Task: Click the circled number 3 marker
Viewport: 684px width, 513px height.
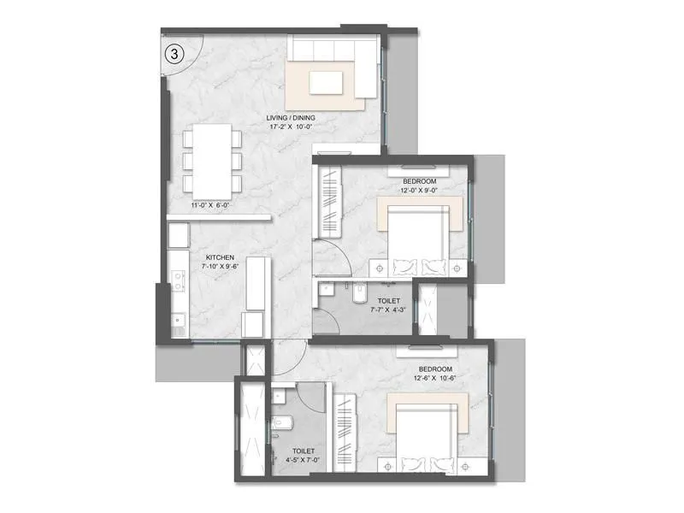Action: pos(174,53)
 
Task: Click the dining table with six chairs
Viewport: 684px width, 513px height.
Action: pos(209,160)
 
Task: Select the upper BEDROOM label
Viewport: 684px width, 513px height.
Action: pos(420,181)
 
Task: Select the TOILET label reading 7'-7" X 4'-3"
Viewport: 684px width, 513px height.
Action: pos(377,301)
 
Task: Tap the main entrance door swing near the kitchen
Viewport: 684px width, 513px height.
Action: pos(289,351)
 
